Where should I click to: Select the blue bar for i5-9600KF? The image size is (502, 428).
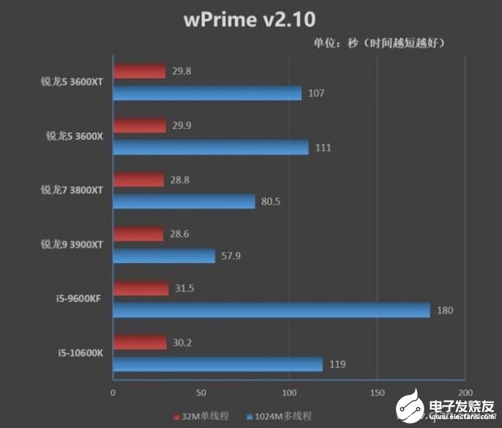click(271, 310)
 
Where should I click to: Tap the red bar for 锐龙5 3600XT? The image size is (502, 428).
click(139, 72)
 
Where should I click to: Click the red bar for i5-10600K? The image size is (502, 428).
click(141, 342)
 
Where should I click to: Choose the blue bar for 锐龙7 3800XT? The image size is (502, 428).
click(184, 202)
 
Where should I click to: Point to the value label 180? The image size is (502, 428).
click(444, 311)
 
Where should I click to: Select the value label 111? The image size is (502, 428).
click(322, 148)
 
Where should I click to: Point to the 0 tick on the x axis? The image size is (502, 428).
click(113, 393)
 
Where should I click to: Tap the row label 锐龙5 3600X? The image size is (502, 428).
click(72, 136)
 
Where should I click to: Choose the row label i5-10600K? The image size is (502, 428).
click(81, 353)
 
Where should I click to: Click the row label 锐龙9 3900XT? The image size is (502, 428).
click(71, 244)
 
